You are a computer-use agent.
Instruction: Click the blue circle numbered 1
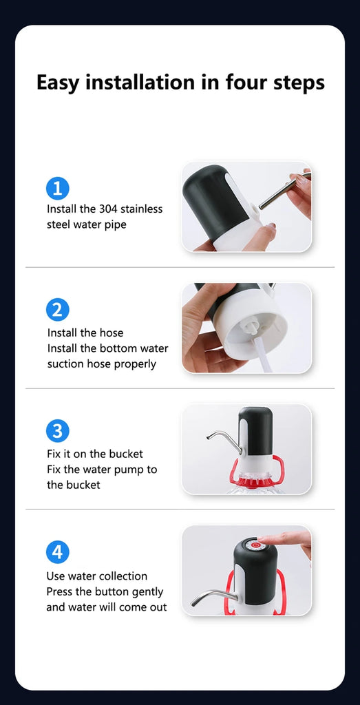[58, 188]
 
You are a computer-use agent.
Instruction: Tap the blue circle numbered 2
[58, 309]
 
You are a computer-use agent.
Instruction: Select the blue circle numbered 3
[58, 431]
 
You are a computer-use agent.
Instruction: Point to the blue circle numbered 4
[58, 552]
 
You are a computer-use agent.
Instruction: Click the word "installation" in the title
[142, 83]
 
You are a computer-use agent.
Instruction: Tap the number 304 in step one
[108, 209]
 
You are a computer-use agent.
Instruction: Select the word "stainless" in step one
[140, 209]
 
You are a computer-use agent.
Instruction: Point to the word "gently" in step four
[147, 591]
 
